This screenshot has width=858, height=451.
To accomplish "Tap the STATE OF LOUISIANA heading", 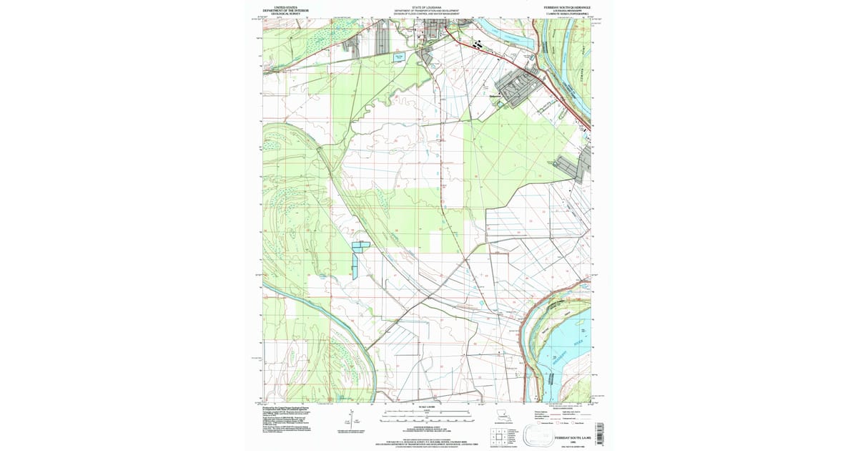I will tap(428, 6).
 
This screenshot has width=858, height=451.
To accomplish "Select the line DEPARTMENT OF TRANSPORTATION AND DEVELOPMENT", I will tap(428, 10).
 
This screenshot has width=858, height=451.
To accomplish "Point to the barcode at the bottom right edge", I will tap(599, 429).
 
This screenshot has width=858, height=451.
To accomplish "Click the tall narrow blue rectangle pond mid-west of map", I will tap(355, 265).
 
